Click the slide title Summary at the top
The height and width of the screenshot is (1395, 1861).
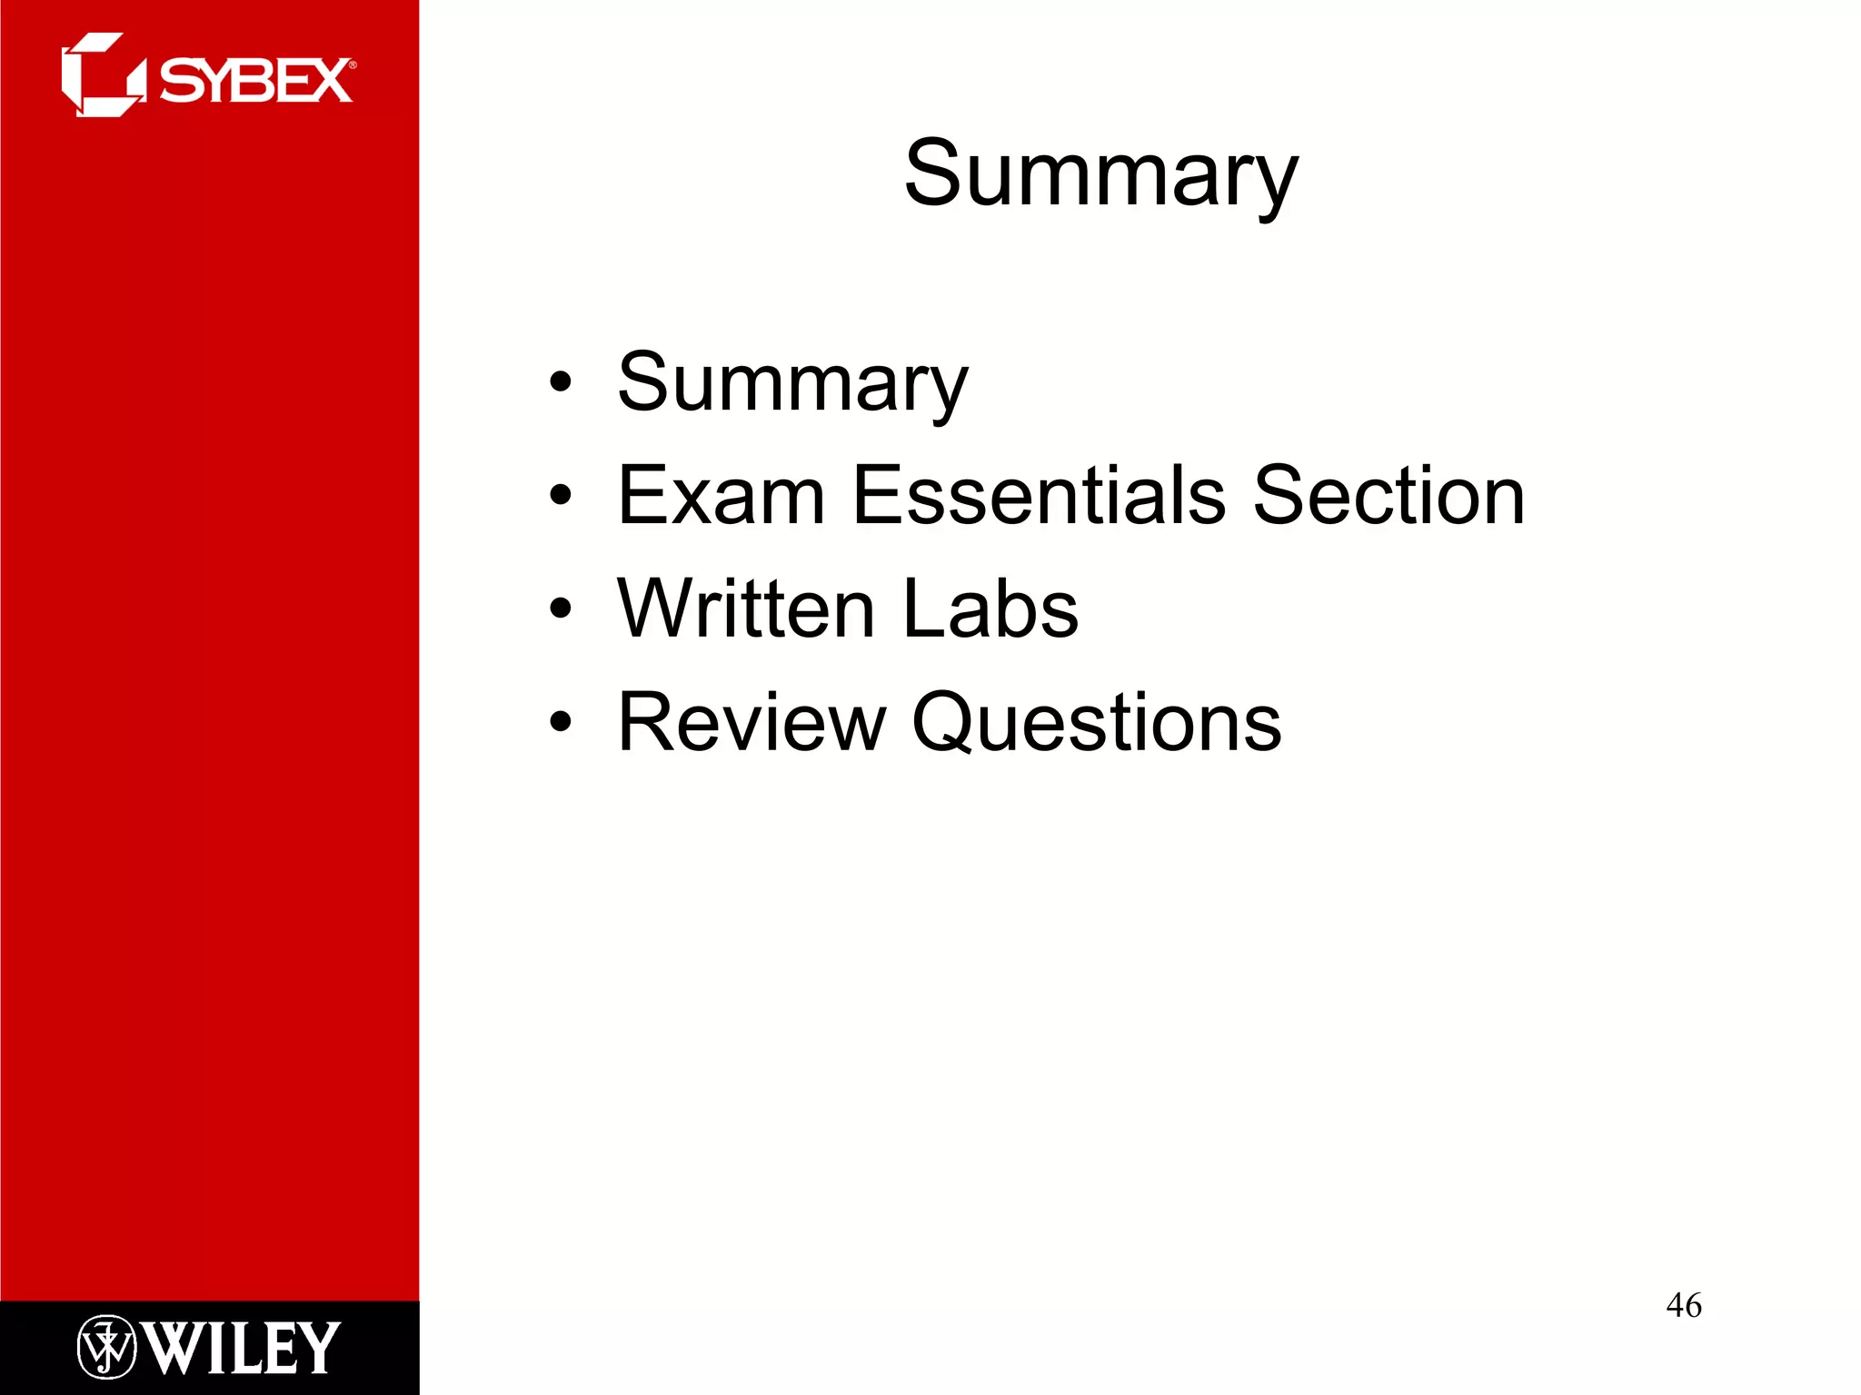click(1100, 174)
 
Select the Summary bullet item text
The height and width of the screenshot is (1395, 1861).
click(792, 383)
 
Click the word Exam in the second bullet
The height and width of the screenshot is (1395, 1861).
click(721, 496)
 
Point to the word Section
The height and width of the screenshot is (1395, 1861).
click(1388, 496)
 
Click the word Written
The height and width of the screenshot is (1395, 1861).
click(745, 608)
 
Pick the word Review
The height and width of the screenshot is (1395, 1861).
click(751, 722)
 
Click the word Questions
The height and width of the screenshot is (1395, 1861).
click(1096, 724)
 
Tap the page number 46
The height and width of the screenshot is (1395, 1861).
click(1684, 1305)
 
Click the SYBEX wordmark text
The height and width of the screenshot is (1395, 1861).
click(256, 81)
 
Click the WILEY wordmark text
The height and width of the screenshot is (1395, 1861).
click(242, 1349)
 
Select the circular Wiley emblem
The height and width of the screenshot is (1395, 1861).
click(106, 1348)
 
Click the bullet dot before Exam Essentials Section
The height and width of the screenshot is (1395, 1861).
click(561, 496)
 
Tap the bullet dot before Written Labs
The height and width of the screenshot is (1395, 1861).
click(561, 608)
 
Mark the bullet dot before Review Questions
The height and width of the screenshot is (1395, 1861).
click(561, 722)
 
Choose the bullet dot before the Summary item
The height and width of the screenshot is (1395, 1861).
click(561, 382)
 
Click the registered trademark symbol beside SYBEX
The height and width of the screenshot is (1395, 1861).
click(353, 64)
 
